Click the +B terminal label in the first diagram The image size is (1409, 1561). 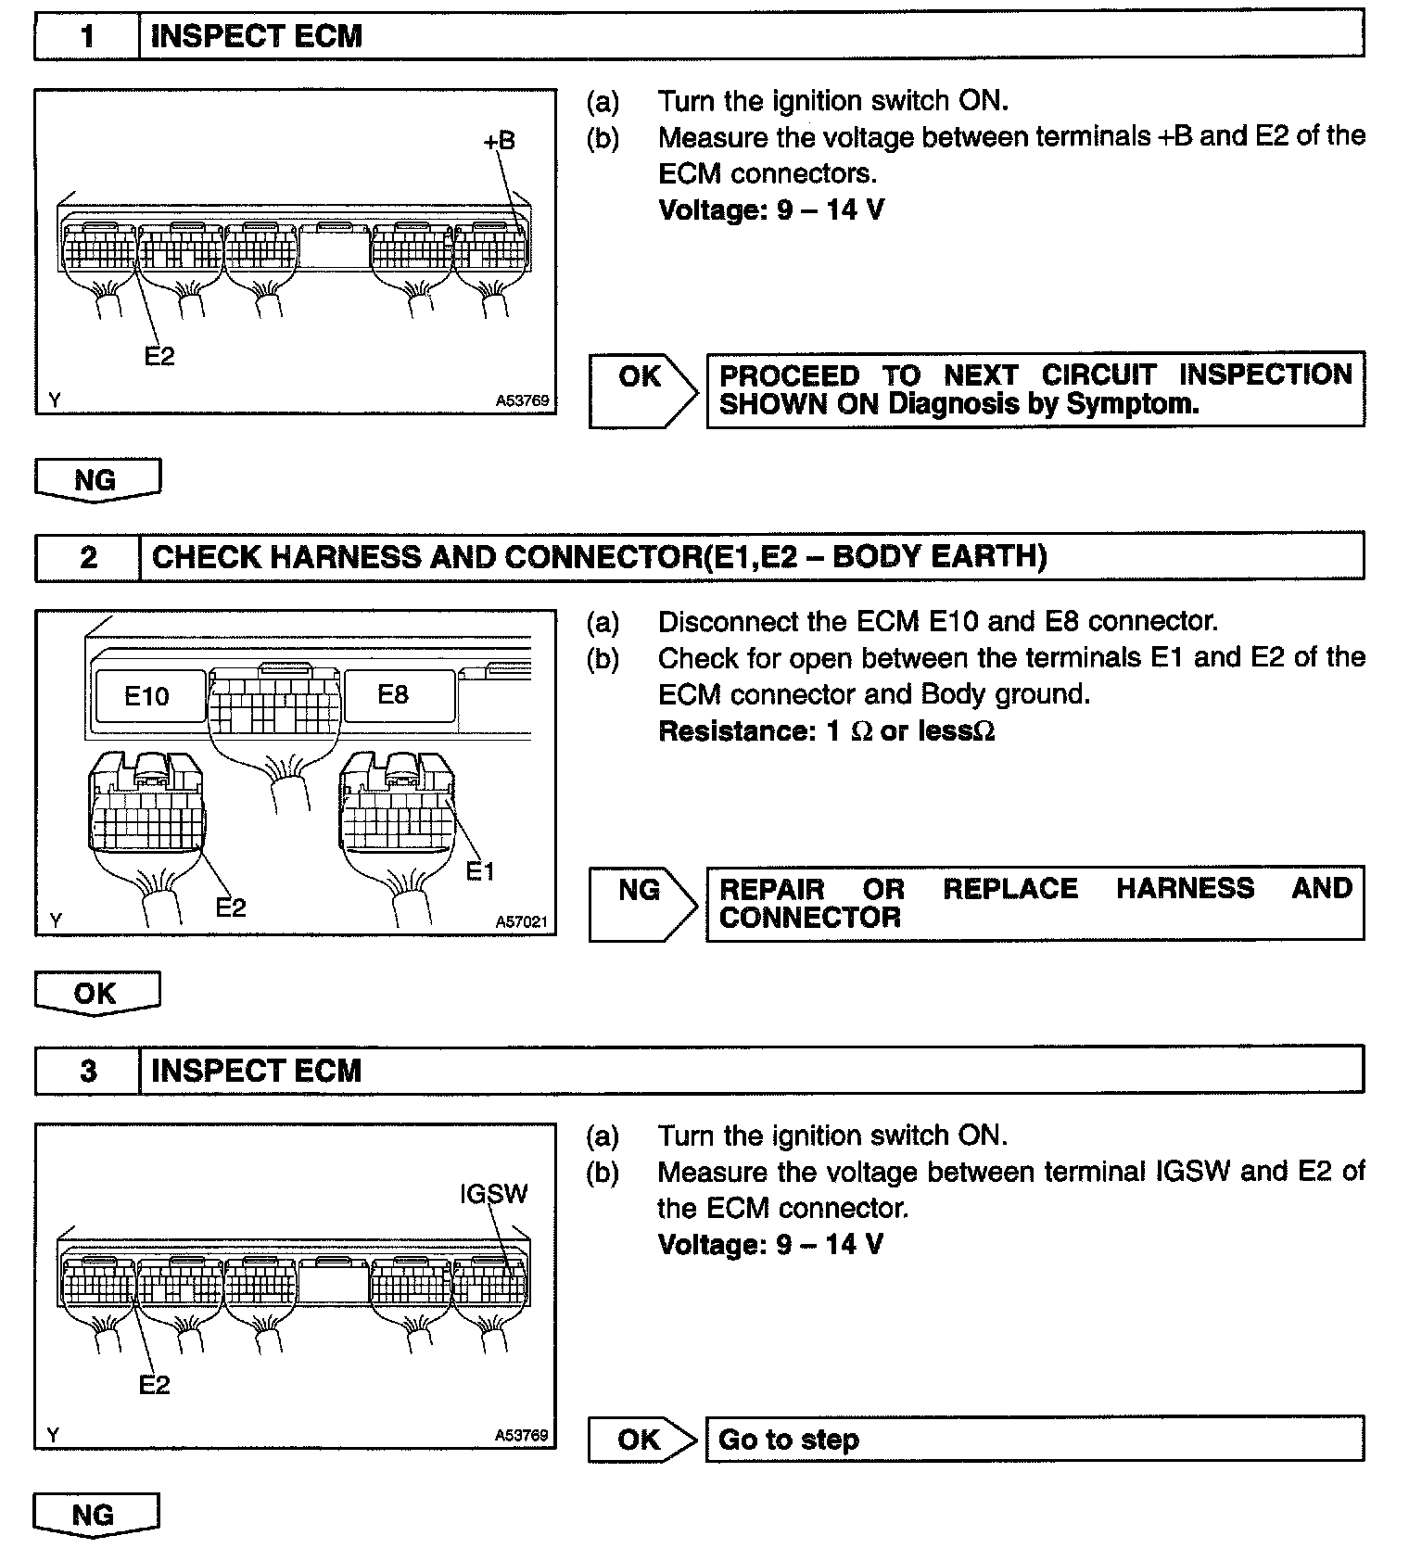click(499, 141)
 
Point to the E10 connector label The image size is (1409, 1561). click(146, 696)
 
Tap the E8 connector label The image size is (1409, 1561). click(393, 694)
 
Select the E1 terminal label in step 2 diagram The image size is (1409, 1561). click(480, 871)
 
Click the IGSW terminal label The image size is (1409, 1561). click(493, 1193)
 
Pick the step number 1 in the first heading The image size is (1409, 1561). click(87, 36)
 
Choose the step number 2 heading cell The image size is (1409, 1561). click(87, 557)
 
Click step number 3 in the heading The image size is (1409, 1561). click(87, 1071)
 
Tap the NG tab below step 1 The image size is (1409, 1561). click(96, 480)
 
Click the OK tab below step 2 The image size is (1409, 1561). click(96, 994)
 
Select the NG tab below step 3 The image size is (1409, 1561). click(95, 1515)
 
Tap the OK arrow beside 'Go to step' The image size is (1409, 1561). click(640, 1440)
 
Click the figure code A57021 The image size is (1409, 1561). click(521, 921)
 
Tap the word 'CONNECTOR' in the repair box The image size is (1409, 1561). click(809, 918)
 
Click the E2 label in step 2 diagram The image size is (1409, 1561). click(231, 907)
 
